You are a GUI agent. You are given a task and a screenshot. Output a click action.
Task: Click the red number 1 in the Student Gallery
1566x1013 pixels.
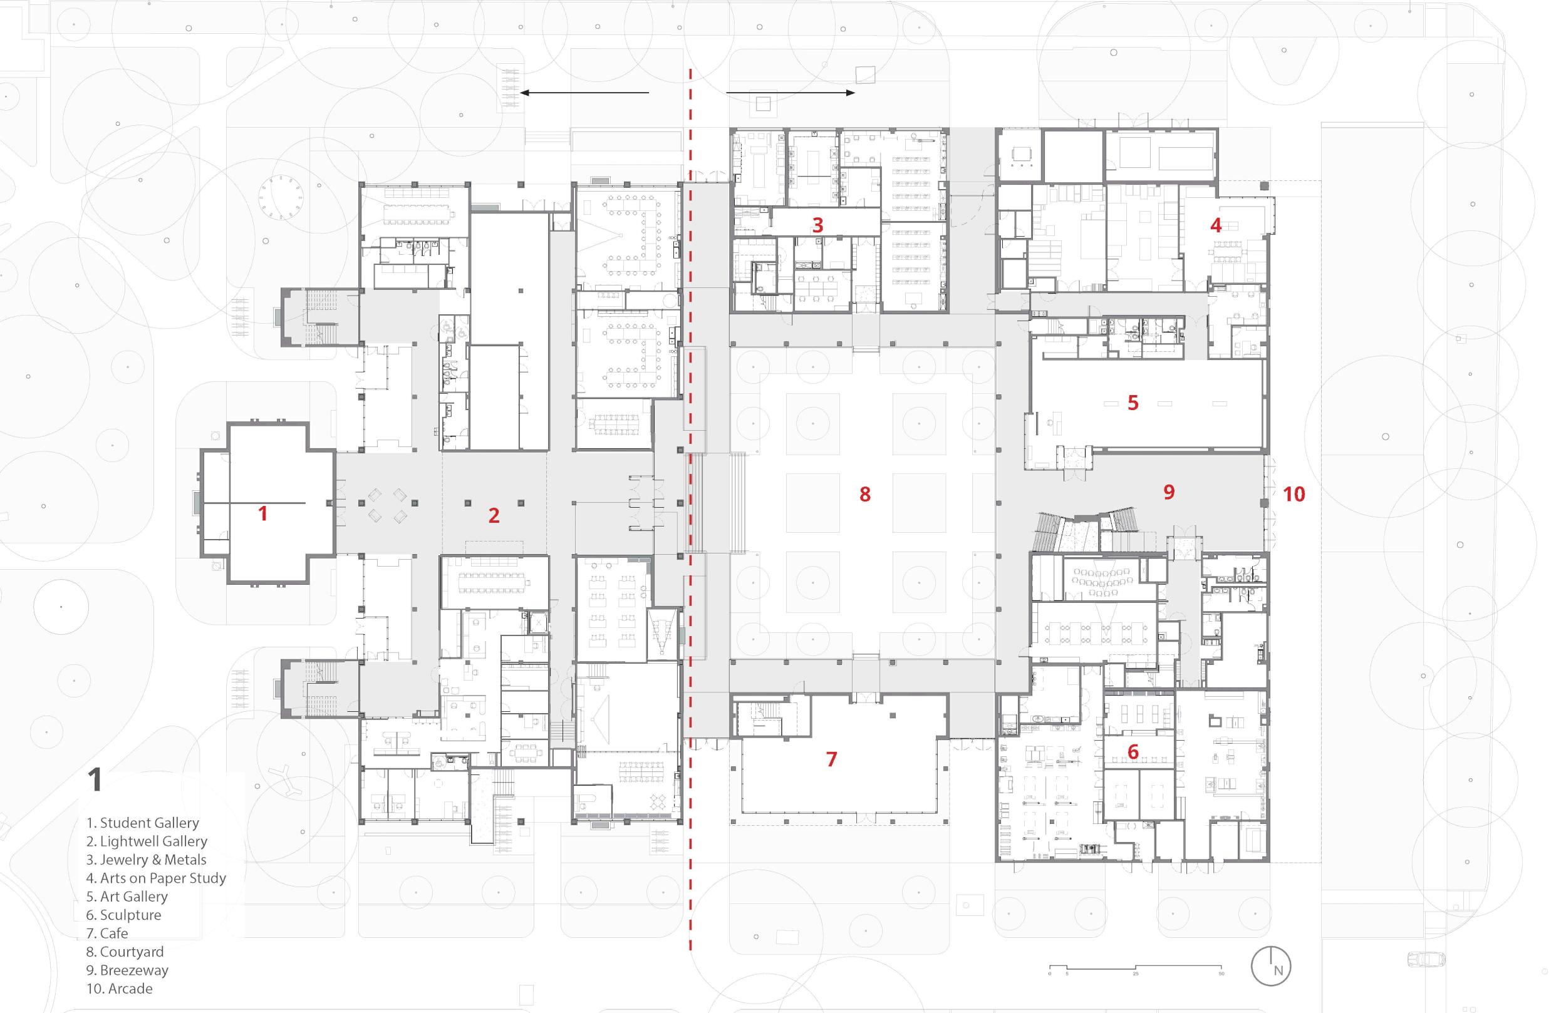pyautogui.click(x=262, y=513)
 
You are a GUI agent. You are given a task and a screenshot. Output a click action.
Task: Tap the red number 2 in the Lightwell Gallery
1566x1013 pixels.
pyautogui.click(x=494, y=515)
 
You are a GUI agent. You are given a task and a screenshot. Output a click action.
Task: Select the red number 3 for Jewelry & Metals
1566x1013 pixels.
pyautogui.click(x=817, y=225)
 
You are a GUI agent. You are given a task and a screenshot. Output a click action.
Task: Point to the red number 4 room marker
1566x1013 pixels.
pyautogui.click(x=1215, y=225)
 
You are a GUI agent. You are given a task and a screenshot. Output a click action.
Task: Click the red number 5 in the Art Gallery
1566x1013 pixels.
pyautogui.click(x=1133, y=403)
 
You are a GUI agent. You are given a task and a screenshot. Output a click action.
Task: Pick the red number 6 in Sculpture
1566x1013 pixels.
pyautogui.click(x=1133, y=751)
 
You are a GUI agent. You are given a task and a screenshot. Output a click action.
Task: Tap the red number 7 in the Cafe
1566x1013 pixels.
pyautogui.click(x=831, y=759)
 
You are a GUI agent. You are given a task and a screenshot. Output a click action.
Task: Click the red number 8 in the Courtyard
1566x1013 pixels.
pyautogui.click(x=864, y=494)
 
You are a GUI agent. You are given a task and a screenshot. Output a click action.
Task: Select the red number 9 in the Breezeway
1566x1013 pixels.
pyautogui.click(x=1169, y=491)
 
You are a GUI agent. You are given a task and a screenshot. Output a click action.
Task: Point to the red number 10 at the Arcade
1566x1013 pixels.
pyautogui.click(x=1294, y=494)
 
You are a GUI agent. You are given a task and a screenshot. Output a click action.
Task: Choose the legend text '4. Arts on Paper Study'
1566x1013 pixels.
pyautogui.click(x=156, y=878)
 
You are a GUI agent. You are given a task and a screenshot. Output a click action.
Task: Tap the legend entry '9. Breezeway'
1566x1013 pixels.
pyautogui.click(x=127, y=970)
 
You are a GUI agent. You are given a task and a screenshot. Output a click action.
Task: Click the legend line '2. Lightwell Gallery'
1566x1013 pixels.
pyautogui.click(x=147, y=841)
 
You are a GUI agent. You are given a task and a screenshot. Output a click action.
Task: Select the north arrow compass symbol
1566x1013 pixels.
pyautogui.click(x=1270, y=966)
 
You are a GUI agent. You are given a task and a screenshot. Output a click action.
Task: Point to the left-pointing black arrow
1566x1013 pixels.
pyautogui.click(x=584, y=93)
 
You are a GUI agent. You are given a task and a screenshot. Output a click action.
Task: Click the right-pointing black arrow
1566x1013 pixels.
pyautogui.click(x=791, y=93)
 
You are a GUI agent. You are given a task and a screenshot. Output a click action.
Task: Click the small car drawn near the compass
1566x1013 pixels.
pyautogui.click(x=1426, y=959)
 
